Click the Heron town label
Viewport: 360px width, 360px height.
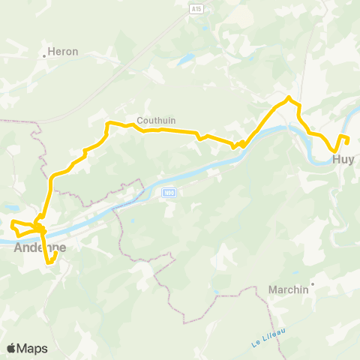pos(63,52)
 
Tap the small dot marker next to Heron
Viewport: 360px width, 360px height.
pos(44,55)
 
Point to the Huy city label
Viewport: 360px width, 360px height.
pos(343,159)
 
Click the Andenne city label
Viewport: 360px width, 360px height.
pos(40,247)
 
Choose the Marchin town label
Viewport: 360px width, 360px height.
pos(288,289)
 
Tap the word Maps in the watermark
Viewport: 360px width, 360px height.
pos(32,348)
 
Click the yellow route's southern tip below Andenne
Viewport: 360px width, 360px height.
pos(49,263)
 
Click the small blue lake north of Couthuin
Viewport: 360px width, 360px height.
pos(185,58)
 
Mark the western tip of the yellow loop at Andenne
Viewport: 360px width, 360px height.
pos(11,223)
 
